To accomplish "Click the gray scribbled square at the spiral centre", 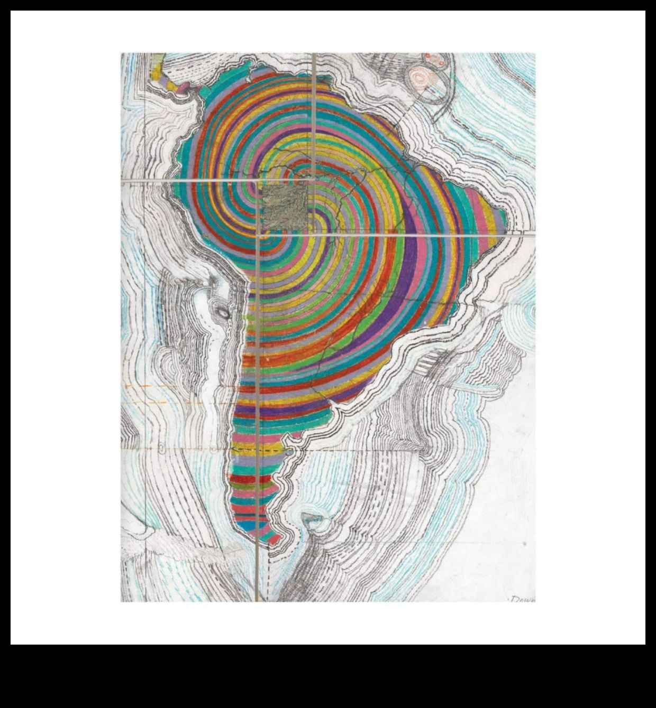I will point(285,207).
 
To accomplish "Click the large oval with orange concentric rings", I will point(423,79).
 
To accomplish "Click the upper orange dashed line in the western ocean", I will point(153,387).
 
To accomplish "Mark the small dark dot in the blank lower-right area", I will point(524,543).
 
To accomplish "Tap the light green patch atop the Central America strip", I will point(155,66).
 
